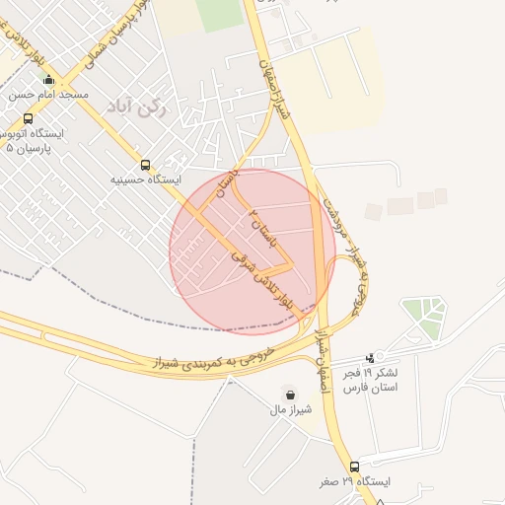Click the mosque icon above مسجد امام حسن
coord(48,80)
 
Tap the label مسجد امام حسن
coord(49,95)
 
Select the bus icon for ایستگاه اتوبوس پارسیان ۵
coord(27,118)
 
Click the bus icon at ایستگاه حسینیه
coord(146,166)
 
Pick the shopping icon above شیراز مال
coord(288,392)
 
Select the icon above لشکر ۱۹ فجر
coord(370,357)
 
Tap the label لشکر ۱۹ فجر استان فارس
coord(370,381)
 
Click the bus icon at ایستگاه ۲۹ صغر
coord(354,466)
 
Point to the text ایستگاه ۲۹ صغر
coord(354,481)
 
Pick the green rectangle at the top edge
coord(218,14)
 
